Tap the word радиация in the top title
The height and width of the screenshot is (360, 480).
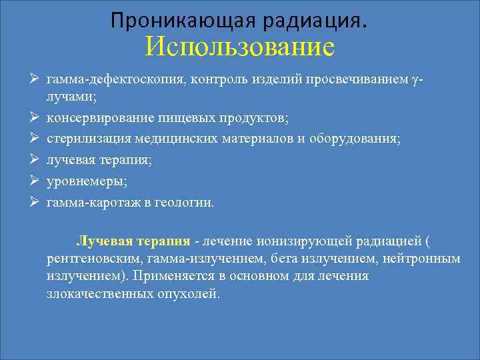coord(303,21)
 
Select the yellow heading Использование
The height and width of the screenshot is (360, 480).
coord(239,47)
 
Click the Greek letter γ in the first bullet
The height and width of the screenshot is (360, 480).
coord(415,81)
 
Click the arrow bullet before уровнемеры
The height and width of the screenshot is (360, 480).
coord(32,181)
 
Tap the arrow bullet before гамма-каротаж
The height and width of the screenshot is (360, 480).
coord(32,201)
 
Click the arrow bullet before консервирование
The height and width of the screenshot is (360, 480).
coord(32,119)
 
